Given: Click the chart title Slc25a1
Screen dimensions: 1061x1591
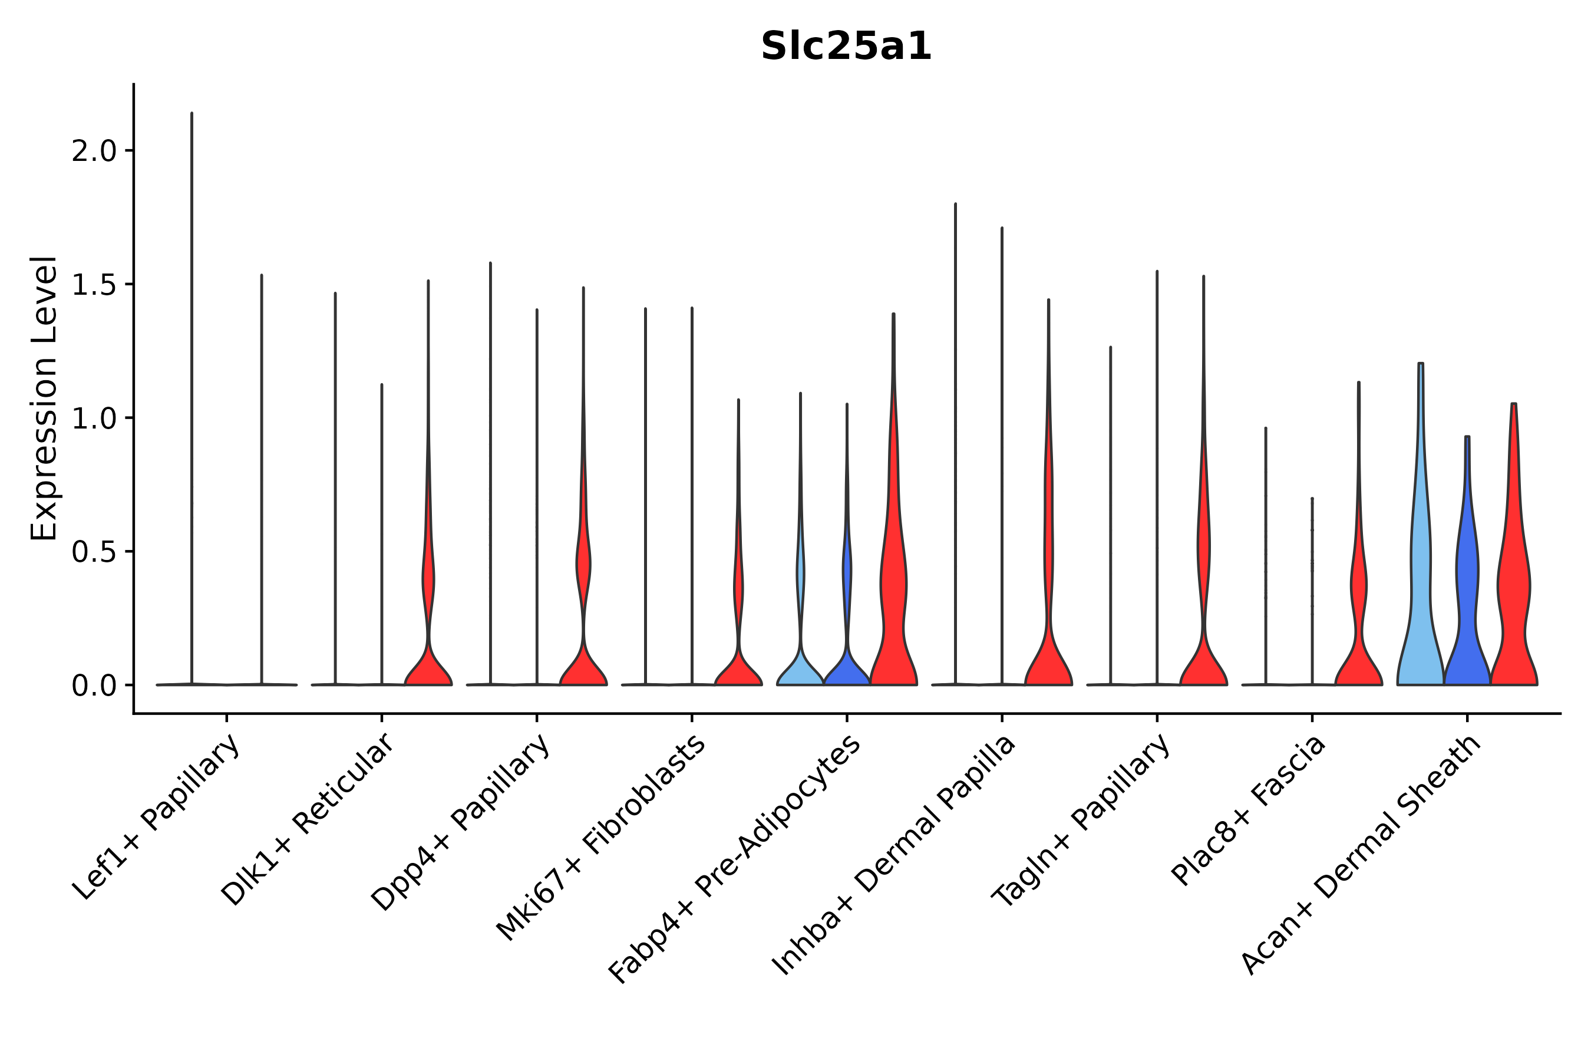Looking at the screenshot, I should pyautogui.click(x=846, y=47).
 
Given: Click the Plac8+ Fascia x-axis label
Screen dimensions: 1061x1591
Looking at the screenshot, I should pyautogui.click(x=1249, y=810).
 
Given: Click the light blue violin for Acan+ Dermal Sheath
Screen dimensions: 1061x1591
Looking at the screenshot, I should pyautogui.click(x=1420, y=609).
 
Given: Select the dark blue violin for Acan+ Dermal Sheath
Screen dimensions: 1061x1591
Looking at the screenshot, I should pyautogui.click(x=1467, y=609).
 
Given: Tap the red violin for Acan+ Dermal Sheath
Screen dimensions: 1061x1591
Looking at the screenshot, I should pyautogui.click(x=1513, y=609).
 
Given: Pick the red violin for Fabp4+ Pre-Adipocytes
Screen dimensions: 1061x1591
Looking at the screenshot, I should pyautogui.click(x=893, y=609).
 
